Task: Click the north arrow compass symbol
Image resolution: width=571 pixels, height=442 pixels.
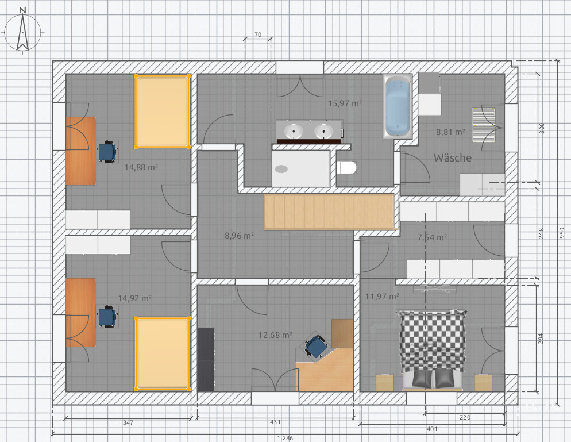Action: coord(22,31)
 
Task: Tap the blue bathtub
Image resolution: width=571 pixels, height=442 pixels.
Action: coord(398,106)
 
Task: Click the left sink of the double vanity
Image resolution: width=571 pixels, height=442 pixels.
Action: coord(294,130)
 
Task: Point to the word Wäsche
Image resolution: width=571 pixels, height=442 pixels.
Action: coord(453,158)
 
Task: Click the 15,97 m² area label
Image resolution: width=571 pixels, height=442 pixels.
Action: coord(345,103)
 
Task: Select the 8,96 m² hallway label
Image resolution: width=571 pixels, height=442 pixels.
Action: coord(239,236)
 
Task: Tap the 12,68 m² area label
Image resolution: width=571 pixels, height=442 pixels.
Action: coord(275,335)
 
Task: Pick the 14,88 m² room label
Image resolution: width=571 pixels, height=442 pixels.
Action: coord(141,167)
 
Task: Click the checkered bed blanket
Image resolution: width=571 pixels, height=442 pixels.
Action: coord(432,341)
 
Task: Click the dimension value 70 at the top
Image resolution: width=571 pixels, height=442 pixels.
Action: coord(258,34)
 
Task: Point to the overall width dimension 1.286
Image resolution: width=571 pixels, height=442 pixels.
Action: coord(285,438)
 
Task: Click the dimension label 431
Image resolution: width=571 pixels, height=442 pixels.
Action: coord(275,422)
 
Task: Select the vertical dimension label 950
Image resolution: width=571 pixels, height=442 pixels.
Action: coord(562,233)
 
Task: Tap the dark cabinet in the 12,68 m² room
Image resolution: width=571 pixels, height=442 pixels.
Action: coord(206,359)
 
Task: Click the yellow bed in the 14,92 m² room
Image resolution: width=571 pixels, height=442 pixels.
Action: coord(163,353)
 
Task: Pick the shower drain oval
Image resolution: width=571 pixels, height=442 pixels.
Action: coord(281,169)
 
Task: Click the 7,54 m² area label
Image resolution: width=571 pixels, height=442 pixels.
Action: coord(432,237)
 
